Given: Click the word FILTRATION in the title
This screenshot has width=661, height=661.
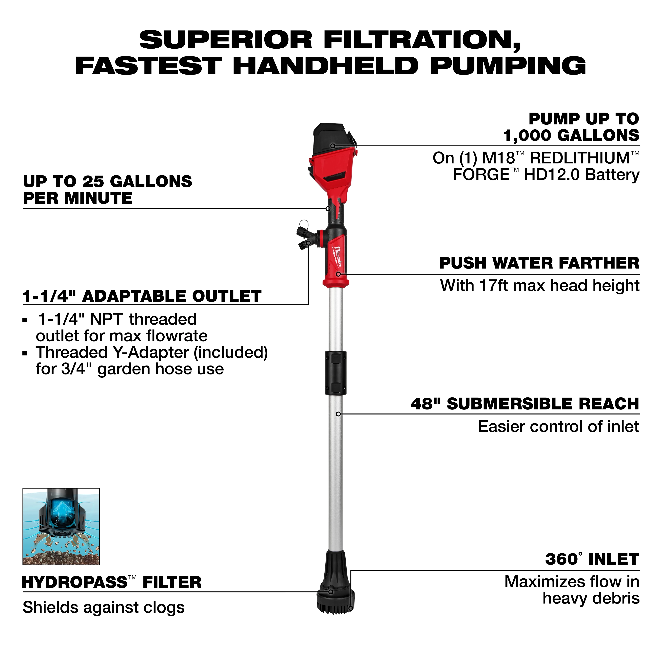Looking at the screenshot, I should point(422,40).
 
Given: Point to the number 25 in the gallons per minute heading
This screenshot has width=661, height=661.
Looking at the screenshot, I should point(92,181).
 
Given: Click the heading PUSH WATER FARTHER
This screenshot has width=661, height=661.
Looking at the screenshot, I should point(539,263).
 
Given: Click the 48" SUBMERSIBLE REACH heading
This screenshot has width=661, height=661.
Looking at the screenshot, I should point(525,404).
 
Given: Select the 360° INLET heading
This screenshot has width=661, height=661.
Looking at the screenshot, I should point(592,559).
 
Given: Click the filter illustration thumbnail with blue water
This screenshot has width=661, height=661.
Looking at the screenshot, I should point(61,526).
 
